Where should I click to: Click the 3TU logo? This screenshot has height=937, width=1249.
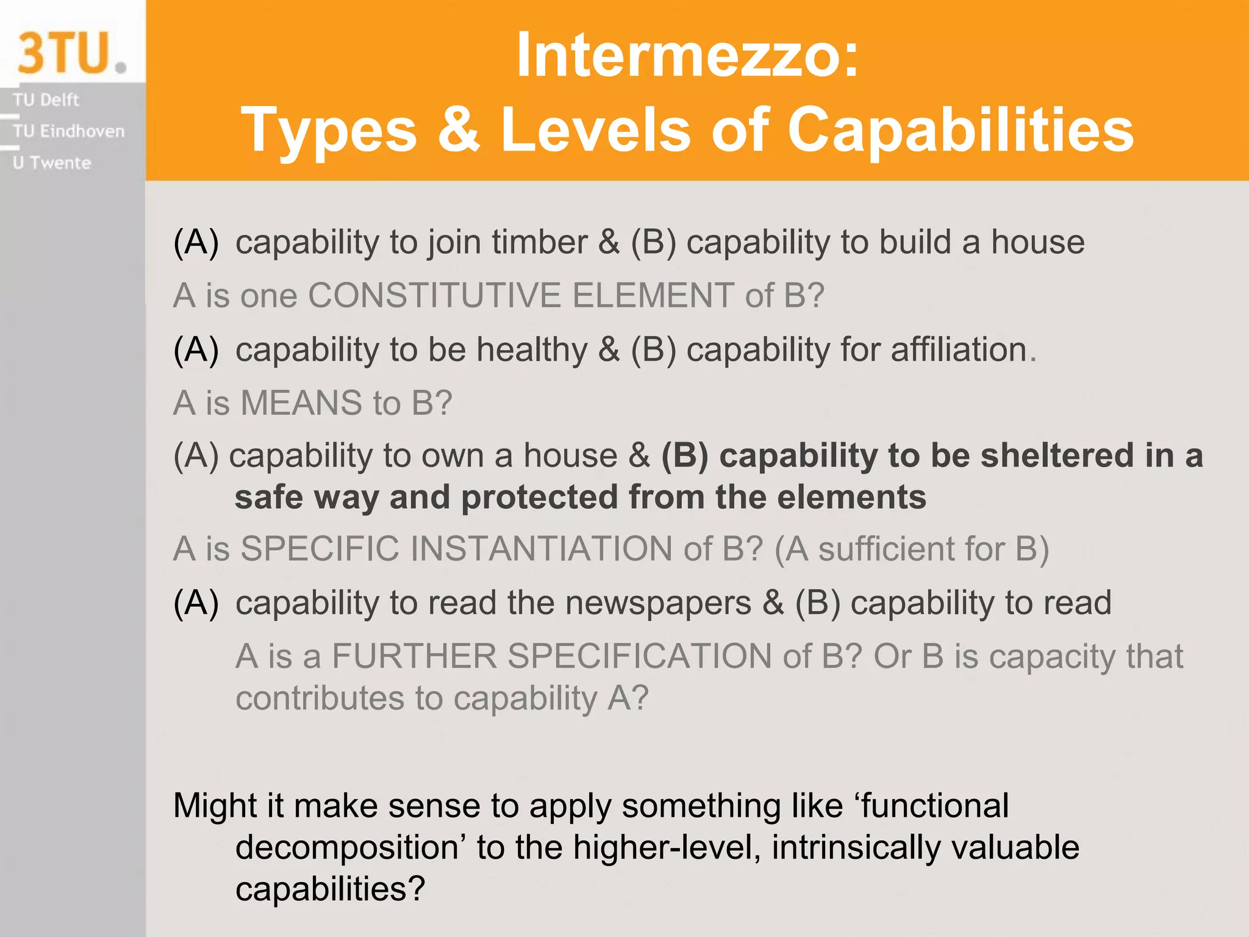click(x=71, y=53)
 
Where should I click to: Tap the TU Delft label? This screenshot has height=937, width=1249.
click(x=46, y=99)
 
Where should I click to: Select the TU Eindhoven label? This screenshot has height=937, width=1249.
click(x=68, y=131)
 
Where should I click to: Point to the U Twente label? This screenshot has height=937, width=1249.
click(x=52, y=163)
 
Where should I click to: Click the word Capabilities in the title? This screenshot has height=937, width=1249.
click(x=961, y=129)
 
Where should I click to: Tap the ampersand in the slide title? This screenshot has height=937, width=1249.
click(x=459, y=129)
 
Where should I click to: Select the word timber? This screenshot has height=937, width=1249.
click(x=540, y=242)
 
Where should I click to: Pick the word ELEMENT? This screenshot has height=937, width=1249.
click(x=653, y=296)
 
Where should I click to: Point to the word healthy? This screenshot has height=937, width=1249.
click(x=532, y=350)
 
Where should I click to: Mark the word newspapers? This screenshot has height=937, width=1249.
click(x=658, y=603)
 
